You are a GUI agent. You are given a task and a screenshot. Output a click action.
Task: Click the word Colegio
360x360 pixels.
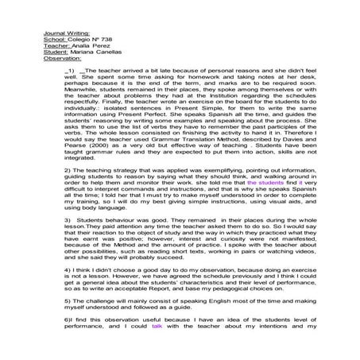(x=79, y=38)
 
